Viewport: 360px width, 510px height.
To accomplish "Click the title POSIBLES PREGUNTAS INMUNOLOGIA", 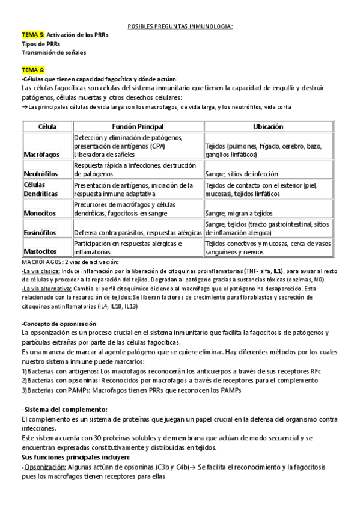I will point(180,27).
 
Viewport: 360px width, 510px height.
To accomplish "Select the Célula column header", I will point(47,126).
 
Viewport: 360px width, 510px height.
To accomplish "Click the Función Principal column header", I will point(138,126).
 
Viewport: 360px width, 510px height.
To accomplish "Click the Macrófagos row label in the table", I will point(41,155).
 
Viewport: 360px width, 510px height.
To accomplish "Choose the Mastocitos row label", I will point(40,251).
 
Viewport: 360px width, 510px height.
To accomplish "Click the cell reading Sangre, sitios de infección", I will point(242,174).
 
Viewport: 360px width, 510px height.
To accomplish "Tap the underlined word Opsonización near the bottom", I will point(43,467).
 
